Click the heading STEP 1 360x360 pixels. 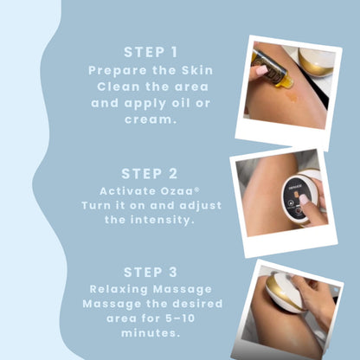point(151,52)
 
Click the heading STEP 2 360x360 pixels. point(150,174)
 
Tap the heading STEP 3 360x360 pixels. point(151,273)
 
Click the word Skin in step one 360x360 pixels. point(197,70)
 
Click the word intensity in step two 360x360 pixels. point(161,220)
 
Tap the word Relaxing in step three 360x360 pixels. point(119,289)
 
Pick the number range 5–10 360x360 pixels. point(180,318)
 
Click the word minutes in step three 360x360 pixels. point(150,333)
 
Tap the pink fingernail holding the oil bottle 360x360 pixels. point(261,70)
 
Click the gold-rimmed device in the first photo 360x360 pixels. point(316,61)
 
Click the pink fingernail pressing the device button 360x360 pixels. point(304,199)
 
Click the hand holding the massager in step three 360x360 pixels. point(313,297)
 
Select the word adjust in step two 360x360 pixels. point(201,206)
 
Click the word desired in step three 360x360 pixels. point(197,304)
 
